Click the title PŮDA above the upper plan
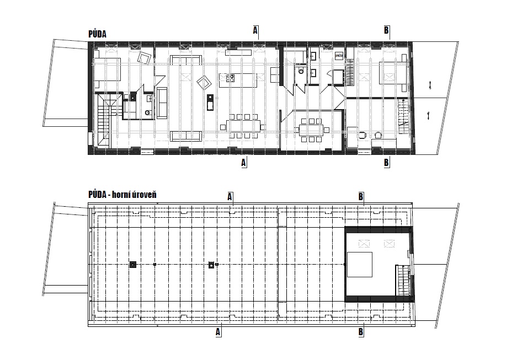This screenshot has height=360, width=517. [x=97, y=34]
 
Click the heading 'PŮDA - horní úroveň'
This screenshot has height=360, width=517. [x=122, y=194]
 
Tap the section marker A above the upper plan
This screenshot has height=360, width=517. [x=255, y=30]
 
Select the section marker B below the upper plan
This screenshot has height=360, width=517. [x=386, y=163]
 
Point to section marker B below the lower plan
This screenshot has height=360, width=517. [x=360, y=332]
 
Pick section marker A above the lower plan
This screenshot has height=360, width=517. [x=230, y=197]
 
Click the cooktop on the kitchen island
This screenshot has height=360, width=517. [x=230, y=78]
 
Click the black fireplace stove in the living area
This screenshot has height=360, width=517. [x=210, y=103]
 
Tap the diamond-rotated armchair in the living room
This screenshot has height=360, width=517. [x=204, y=82]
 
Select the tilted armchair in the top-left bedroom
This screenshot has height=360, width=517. [x=145, y=58]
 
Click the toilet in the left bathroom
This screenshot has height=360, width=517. [x=148, y=112]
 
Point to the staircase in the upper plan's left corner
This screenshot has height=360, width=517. [x=105, y=120]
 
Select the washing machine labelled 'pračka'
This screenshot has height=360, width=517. [x=339, y=56]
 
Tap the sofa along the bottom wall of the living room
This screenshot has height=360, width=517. [x=185, y=136]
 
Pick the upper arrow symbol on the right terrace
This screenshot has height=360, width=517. [x=430, y=85]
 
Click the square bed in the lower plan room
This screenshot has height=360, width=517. [x=360, y=265]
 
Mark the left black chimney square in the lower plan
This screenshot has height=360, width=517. [x=133, y=264]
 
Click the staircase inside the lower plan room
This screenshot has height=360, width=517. [x=403, y=281]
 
